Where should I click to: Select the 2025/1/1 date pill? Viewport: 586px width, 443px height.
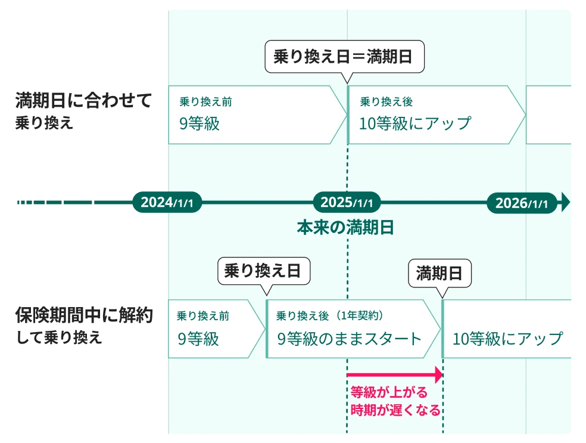pyautogui.click(x=347, y=203)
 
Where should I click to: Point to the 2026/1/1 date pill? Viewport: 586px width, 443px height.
pyautogui.click(x=522, y=203)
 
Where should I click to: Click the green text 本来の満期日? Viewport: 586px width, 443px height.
pyautogui.click(x=345, y=228)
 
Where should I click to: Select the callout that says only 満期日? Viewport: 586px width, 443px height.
pyautogui.click(x=440, y=274)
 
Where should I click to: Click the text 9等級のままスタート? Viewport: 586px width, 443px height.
pyautogui.click(x=350, y=339)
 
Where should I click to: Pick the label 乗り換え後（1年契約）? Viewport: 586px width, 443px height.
pyautogui.click(x=333, y=316)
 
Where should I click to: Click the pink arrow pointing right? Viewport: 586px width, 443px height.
pyautogui.click(x=395, y=375)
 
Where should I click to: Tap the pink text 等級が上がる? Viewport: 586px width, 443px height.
pyautogui.click(x=388, y=392)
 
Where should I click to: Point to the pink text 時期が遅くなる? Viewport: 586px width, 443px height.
pyautogui.click(x=395, y=410)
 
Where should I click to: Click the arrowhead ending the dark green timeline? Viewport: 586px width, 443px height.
pyautogui.click(x=565, y=203)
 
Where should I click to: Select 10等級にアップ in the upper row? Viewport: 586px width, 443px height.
pyautogui.click(x=415, y=123)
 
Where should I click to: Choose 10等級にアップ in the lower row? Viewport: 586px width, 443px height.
pyautogui.click(x=507, y=339)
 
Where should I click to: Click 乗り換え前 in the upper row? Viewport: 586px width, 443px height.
pyautogui.click(x=205, y=102)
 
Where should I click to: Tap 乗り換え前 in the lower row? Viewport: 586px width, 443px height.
pyautogui.click(x=202, y=316)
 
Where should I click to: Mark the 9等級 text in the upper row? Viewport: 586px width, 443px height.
pyautogui.click(x=200, y=123)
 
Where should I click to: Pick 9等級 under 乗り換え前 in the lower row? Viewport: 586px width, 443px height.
pyautogui.click(x=198, y=339)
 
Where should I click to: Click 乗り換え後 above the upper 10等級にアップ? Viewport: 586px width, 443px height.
pyautogui.click(x=386, y=102)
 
